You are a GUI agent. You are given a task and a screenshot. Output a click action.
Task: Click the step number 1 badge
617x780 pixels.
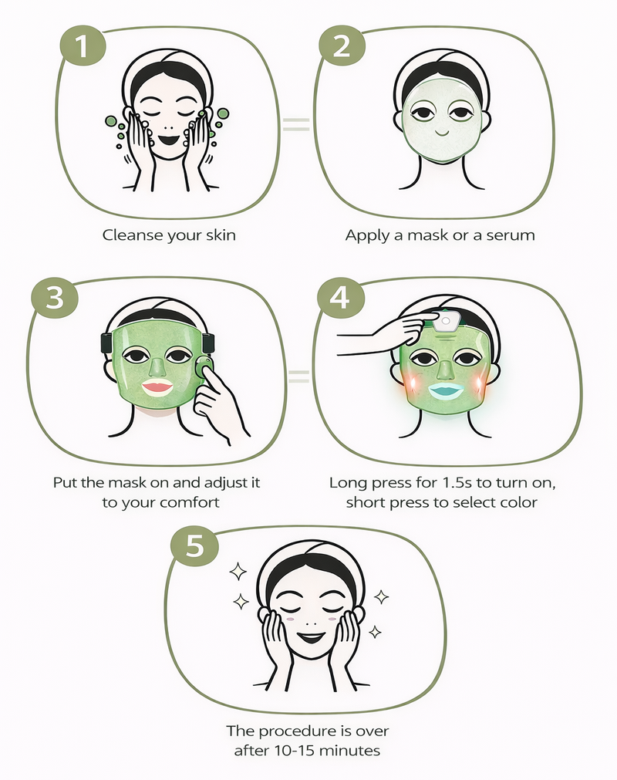83,46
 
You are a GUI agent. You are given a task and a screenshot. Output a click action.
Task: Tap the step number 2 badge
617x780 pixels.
342,46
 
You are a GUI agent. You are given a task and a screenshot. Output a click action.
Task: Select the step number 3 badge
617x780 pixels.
55,298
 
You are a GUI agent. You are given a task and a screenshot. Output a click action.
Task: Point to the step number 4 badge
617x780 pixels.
341,298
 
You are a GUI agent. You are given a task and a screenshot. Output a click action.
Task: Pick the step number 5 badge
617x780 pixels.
195,545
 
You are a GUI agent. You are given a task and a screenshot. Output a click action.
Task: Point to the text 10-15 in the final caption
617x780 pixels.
289,750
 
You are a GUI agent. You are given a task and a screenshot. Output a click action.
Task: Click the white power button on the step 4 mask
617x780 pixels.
446,322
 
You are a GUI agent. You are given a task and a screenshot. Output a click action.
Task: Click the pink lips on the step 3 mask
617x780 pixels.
157,387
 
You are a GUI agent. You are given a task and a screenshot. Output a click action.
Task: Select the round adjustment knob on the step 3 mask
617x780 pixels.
204,366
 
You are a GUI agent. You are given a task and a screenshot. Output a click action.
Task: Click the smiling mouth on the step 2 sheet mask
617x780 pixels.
441,133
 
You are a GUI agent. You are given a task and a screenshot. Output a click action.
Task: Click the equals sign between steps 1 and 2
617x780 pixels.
296,124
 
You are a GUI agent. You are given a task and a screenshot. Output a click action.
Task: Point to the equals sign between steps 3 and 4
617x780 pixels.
298,376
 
